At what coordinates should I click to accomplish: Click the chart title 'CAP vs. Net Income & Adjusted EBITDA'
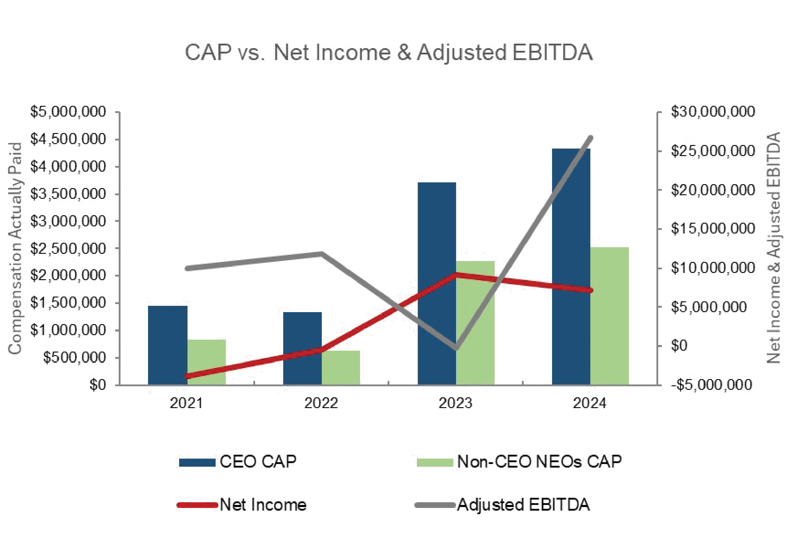pyautogui.click(x=388, y=53)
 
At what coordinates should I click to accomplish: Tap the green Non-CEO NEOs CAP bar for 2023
pyautogui.click(x=475, y=323)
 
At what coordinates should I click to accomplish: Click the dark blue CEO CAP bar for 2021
pyautogui.click(x=167, y=345)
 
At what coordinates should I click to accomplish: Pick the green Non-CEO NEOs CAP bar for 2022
pyautogui.click(x=341, y=367)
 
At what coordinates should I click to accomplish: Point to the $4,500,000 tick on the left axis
pyautogui.click(x=68, y=139)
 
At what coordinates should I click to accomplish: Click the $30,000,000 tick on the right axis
pyautogui.click(x=713, y=112)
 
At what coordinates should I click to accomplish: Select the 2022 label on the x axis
pyautogui.click(x=321, y=403)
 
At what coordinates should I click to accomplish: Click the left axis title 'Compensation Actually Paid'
pyautogui.click(x=15, y=248)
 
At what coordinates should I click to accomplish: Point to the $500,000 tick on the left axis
pyautogui.click(x=74, y=358)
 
